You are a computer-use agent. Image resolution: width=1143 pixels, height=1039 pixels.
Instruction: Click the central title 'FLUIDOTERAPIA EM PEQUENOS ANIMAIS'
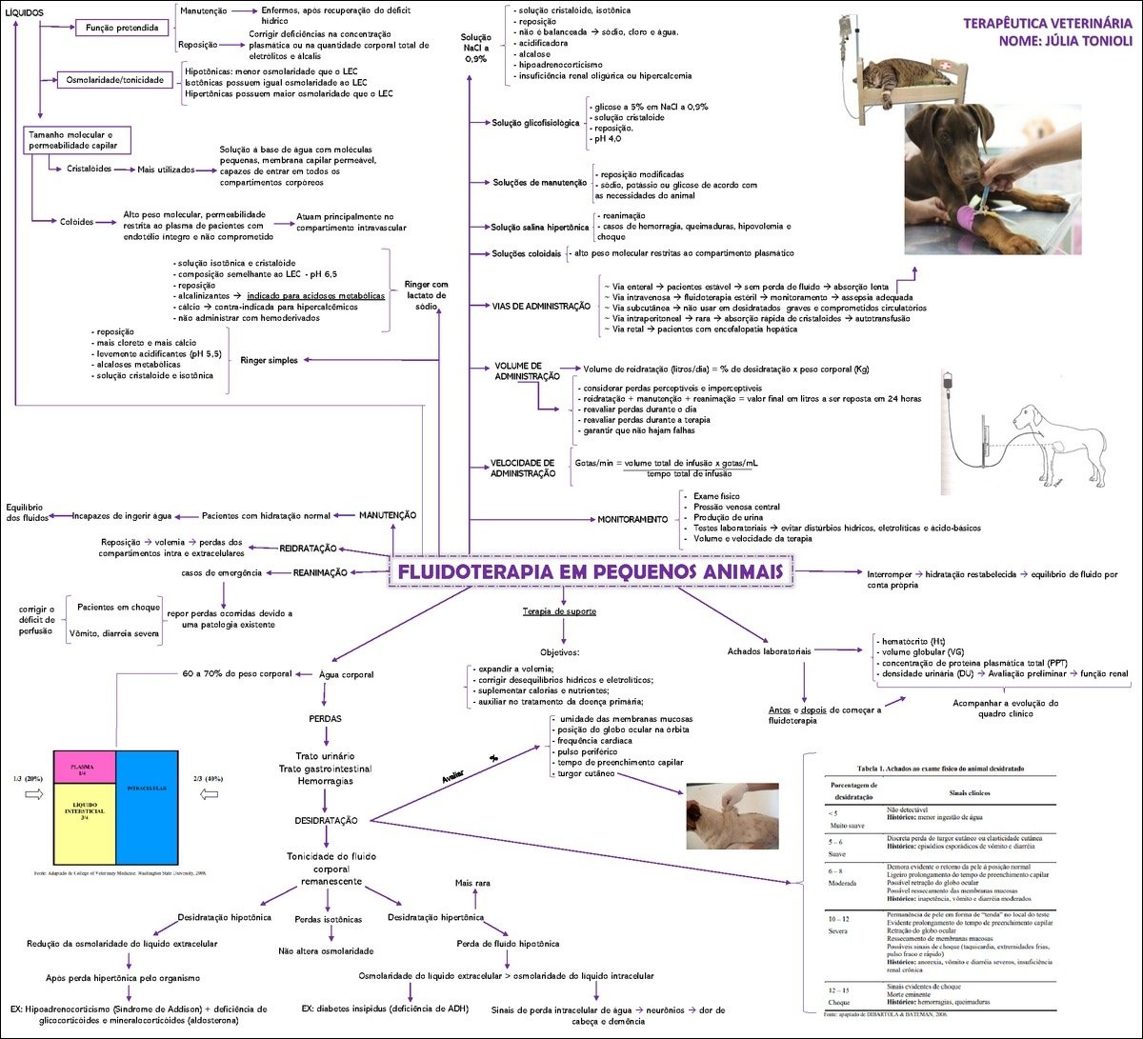click(591, 572)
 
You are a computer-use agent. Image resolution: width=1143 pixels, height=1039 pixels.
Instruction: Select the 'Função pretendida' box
click(122, 29)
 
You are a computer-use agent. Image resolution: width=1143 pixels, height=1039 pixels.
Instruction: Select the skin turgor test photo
click(732, 815)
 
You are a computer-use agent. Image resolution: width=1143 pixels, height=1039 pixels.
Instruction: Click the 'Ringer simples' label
click(270, 360)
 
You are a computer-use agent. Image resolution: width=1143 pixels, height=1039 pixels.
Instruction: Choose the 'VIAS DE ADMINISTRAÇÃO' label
click(540, 306)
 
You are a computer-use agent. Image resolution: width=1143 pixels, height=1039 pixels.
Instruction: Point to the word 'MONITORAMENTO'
click(632, 519)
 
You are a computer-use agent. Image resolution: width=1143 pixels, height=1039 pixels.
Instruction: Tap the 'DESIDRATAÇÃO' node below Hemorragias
click(326, 820)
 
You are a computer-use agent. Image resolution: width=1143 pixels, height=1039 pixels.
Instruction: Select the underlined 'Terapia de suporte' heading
click(559, 610)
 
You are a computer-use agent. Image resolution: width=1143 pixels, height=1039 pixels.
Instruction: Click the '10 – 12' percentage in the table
click(838, 919)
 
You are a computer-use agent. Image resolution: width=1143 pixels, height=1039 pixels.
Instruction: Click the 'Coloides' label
click(76, 221)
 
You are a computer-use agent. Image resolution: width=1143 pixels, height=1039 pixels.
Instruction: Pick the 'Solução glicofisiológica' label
click(534, 123)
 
